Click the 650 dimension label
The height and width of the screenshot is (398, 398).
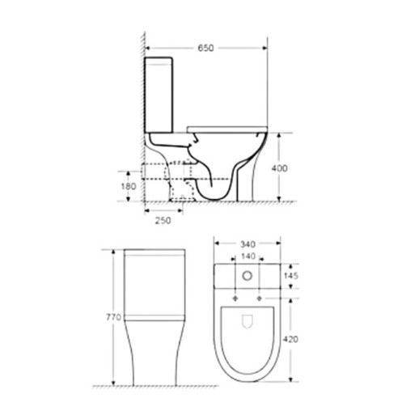(x=205, y=48)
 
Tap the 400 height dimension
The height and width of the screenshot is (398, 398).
(x=279, y=168)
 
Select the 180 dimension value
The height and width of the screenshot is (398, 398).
(x=129, y=186)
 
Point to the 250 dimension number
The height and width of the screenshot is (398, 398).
(x=163, y=220)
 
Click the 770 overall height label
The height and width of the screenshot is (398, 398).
(x=113, y=317)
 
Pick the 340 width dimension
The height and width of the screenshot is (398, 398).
(x=248, y=244)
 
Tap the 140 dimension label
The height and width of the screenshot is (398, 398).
(x=248, y=256)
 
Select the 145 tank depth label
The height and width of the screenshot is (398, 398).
(x=291, y=276)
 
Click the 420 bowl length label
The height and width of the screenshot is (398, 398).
(x=290, y=339)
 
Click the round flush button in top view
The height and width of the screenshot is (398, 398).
(x=247, y=276)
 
